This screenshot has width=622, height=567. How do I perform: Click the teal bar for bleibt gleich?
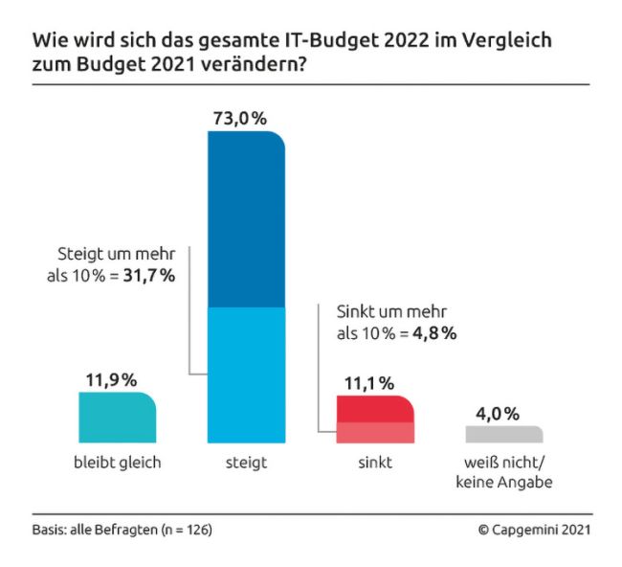[117, 418]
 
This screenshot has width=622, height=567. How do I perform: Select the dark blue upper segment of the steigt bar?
[247, 220]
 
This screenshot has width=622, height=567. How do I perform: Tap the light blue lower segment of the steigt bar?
[247, 374]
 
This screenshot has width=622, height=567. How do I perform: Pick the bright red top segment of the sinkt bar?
[375, 409]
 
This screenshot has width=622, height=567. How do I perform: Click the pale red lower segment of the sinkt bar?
[375, 432]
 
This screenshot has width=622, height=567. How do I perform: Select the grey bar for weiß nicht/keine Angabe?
[503, 434]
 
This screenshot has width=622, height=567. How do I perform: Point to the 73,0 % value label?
[238, 118]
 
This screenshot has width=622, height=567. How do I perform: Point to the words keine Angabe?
[503, 483]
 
